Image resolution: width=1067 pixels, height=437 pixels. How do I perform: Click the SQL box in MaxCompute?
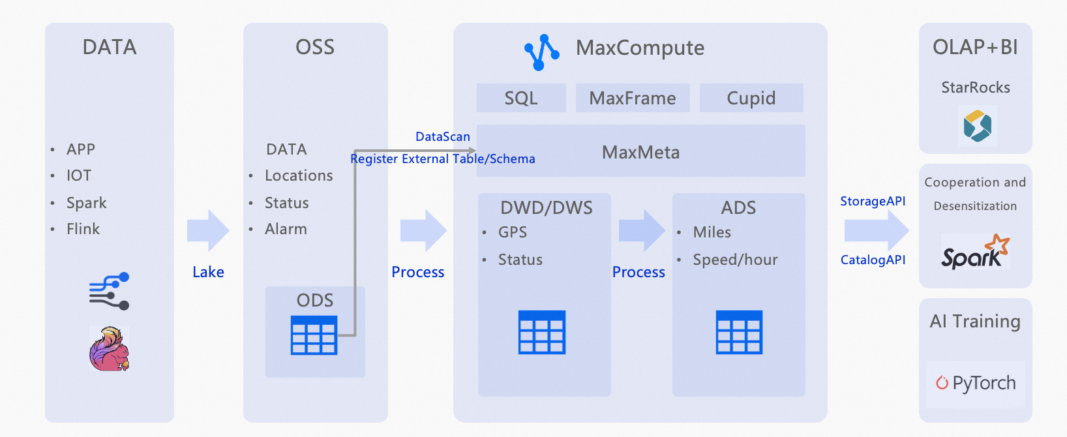pyautogui.click(x=521, y=98)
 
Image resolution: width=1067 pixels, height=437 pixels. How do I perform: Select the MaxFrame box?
pyautogui.click(x=632, y=98)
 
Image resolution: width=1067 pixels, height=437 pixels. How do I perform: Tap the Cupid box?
pyautogui.click(x=751, y=98)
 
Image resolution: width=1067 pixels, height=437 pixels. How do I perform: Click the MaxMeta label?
pyautogui.click(x=640, y=153)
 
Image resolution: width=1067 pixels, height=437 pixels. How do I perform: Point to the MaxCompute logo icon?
pyautogui.click(x=541, y=52)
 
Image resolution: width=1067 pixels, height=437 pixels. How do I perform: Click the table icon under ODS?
pyautogui.click(x=314, y=335)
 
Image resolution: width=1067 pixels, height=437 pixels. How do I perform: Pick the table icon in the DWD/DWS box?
pyautogui.click(x=541, y=333)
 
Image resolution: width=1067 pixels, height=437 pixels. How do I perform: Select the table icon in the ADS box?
pyautogui.click(x=739, y=333)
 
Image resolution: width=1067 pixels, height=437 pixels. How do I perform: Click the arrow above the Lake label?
pyautogui.click(x=208, y=230)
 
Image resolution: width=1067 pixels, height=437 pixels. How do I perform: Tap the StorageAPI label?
pyautogui.click(x=873, y=201)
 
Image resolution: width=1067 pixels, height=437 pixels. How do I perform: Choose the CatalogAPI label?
pyautogui.click(x=873, y=260)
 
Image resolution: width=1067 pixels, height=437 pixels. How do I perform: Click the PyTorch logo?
pyautogui.click(x=976, y=383)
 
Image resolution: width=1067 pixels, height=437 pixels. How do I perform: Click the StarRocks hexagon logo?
pyautogui.click(x=977, y=125)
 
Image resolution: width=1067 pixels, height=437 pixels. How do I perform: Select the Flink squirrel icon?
pyautogui.click(x=109, y=349)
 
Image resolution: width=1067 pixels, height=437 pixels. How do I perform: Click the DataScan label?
pyautogui.click(x=443, y=136)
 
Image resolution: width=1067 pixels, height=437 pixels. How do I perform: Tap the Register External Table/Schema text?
pyautogui.click(x=442, y=158)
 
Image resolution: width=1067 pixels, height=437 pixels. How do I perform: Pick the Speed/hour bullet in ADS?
pyautogui.click(x=735, y=260)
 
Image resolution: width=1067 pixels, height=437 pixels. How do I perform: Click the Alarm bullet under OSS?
pyautogui.click(x=286, y=229)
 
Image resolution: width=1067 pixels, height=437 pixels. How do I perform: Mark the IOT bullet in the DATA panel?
pyautogui.click(x=78, y=175)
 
